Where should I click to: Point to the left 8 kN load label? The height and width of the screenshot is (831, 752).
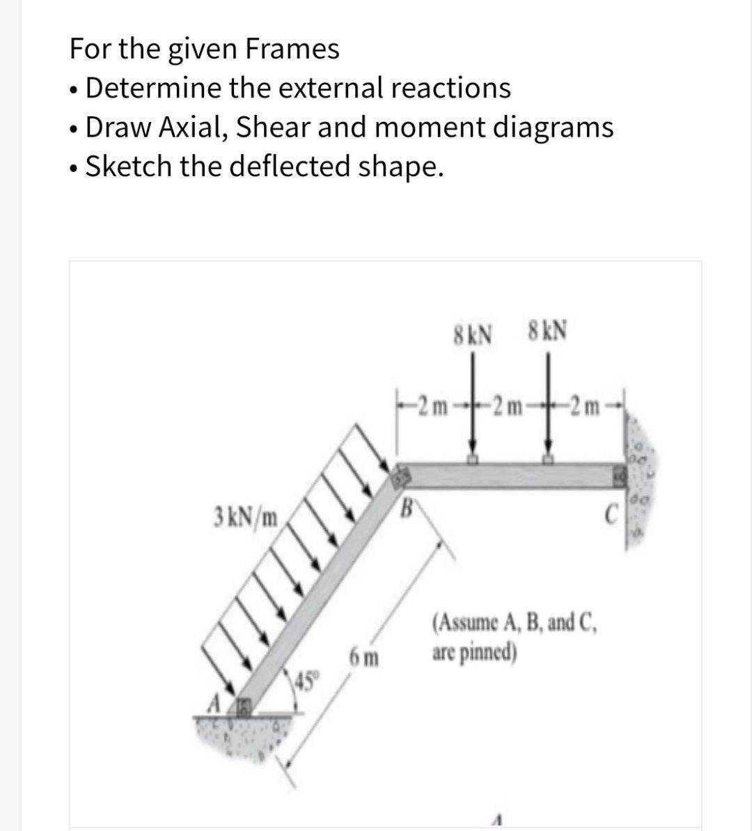tap(473, 330)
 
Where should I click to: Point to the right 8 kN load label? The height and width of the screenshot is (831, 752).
tap(548, 329)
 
